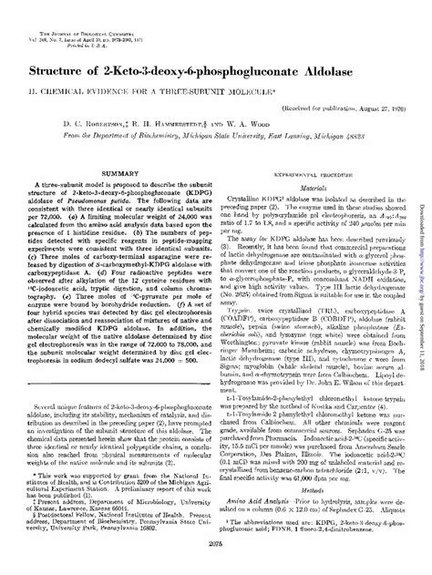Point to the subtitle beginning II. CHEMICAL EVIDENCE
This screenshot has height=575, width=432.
[x=216, y=89]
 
